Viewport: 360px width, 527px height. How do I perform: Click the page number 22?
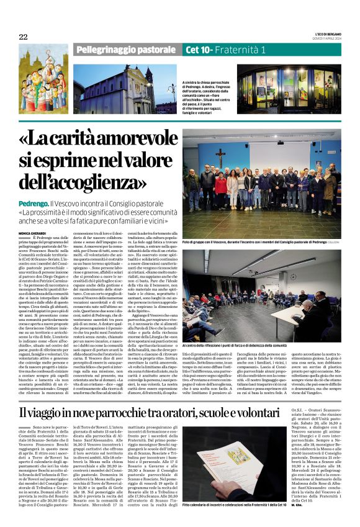point(23,37)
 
